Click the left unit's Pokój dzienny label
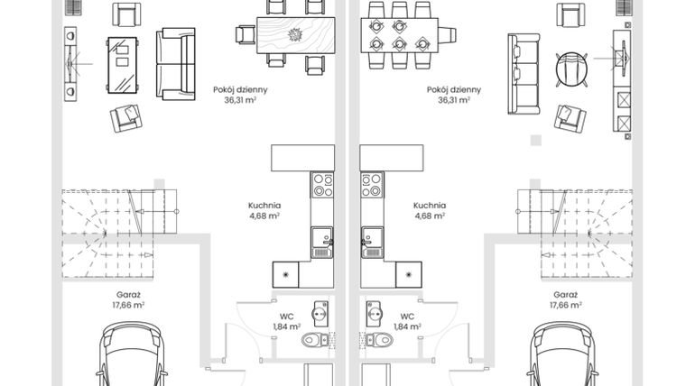coord(240,89)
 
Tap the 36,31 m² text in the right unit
coord(454,101)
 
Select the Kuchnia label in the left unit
coord(264,205)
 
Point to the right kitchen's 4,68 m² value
coord(429,216)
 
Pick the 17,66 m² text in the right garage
coord(564,306)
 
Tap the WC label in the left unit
coord(286,317)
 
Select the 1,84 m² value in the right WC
coord(407,327)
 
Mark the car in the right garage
coord(561,358)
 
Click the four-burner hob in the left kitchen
coord(321,184)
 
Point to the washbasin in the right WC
coord(373,314)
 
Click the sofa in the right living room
coord(524,74)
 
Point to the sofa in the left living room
coord(175,63)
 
